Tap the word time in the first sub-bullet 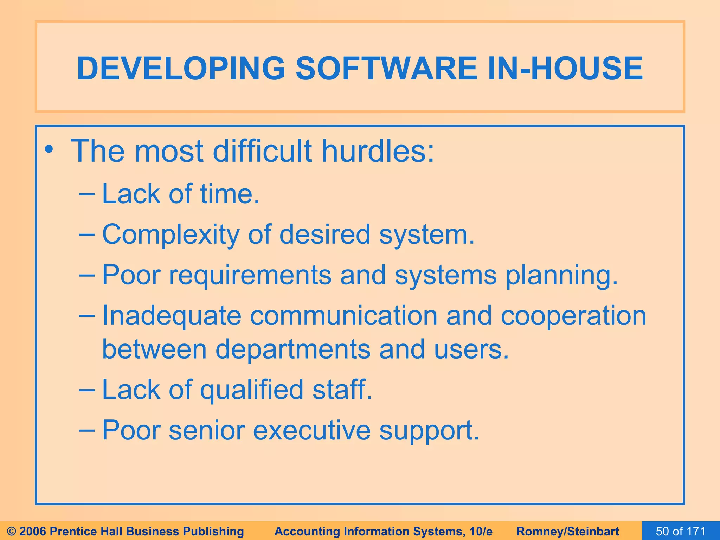coord(229,194)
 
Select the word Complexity coord(171,235)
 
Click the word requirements coord(250,276)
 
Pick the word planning coord(561,276)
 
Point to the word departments coord(292,349)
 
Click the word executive coord(311,430)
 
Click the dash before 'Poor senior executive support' coord(86,430)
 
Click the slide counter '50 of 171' coord(681,531)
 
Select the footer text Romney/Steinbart coord(568,531)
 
